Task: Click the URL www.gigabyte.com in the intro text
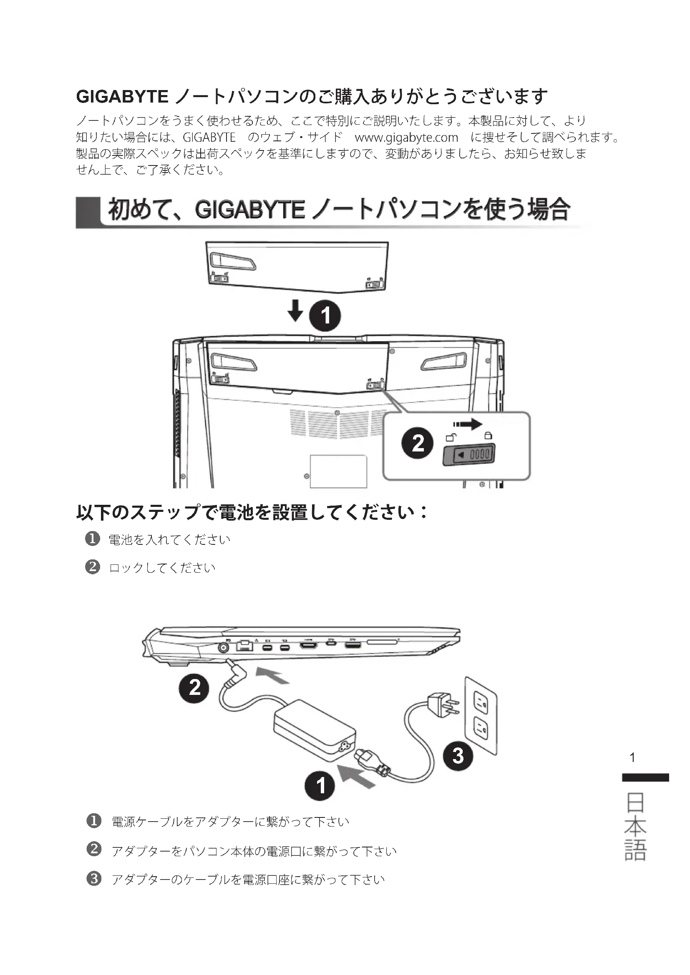(406, 138)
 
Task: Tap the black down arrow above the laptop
(295, 310)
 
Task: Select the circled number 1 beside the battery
(325, 316)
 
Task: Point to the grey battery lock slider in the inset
(469, 455)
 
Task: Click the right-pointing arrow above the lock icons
(468, 424)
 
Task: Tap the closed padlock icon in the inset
(488, 436)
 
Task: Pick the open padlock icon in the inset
(451, 437)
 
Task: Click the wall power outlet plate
(481, 716)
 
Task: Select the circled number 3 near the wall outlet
(458, 756)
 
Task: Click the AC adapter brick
(315, 730)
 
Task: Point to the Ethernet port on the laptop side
(244, 646)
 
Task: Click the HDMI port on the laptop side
(308, 645)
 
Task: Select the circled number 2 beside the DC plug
(194, 687)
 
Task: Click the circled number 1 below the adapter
(320, 785)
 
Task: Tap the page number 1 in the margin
(632, 757)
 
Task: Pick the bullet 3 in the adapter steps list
(94, 879)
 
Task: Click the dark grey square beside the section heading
(88, 212)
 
